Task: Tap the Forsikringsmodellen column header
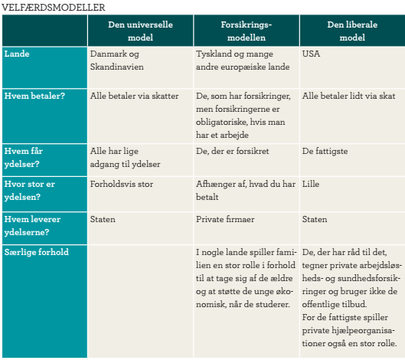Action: click(x=245, y=30)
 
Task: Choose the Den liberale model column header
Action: click(x=351, y=30)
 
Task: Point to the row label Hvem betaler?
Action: click(x=34, y=96)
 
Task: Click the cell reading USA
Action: click(x=312, y=55)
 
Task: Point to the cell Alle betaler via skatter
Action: click(x=134, y=96)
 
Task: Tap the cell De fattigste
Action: click(x=326, y=152)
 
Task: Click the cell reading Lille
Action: click(x=312, y=184)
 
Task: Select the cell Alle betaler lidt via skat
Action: click(x=348, y=96)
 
